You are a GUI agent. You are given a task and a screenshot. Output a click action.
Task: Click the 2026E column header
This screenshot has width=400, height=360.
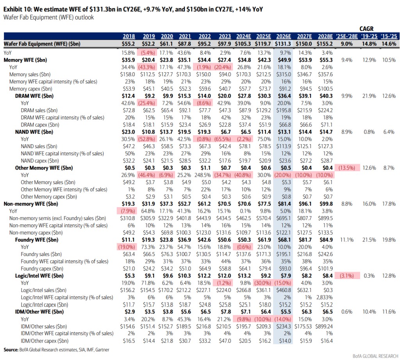[x=285, y=36]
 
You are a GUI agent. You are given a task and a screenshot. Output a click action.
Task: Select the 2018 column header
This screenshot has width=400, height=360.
[x=129, y=36]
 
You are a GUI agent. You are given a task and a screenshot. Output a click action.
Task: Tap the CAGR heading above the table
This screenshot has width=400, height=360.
[x=366, y=29]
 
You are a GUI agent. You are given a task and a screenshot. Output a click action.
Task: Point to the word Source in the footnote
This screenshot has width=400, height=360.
[x=11, y=349]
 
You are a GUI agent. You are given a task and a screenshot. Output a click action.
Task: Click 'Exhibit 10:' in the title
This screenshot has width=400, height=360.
[x=19, y=9]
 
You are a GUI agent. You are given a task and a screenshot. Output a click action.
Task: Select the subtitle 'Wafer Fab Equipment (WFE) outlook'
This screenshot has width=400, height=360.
[x=48, y=17]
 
